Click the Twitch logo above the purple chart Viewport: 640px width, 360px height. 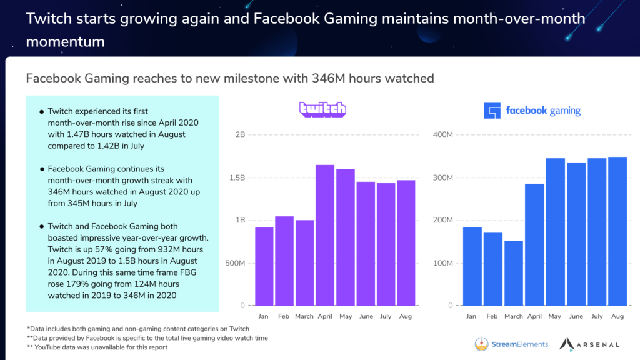pyautogui.click(x=322, y=109)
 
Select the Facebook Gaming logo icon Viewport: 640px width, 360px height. pyautogui.click(x=492, y=111)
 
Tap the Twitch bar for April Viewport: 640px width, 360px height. pyautogui.click(x=325, y=235)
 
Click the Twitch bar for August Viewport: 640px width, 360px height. pyautogui.click(x=406, y=242)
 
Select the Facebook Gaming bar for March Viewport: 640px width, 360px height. pyautogui.click(x=514, y=273)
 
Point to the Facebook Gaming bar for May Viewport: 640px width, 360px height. pyautogui.click(x=556, y=232)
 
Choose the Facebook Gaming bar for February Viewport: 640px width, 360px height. pyautogui.click(x=493, y=269)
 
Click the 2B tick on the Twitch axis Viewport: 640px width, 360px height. pyautogui.click(x=239, y=135)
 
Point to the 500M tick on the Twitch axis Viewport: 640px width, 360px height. pyautogui.click(x=236, y=263)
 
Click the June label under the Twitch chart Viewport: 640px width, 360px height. pyautogui.click(x=366, y=316)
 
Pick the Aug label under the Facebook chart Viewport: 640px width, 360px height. pyautogui.click(x=618, y=316)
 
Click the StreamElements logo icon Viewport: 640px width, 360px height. pyautogui.click(x=482, y=344)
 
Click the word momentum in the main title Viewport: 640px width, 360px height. pyautogui.click(x=65, y=42)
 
